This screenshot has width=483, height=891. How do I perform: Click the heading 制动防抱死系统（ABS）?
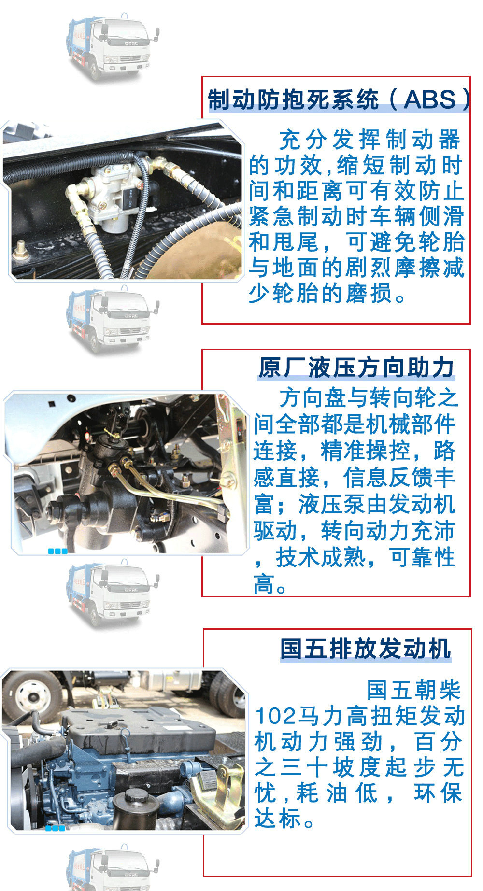[x=338, y=99]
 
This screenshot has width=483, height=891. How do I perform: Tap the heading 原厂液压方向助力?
[x=356, y=368]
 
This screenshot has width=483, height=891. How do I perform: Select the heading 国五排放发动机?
[x=366, y=648]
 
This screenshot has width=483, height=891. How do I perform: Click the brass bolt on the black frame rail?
[x=20, y=251]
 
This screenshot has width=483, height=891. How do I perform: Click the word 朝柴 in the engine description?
[x=440, y=690]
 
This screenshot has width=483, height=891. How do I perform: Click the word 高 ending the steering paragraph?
[x=264, y=584]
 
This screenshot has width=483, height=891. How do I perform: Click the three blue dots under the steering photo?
[x=57, y=551]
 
